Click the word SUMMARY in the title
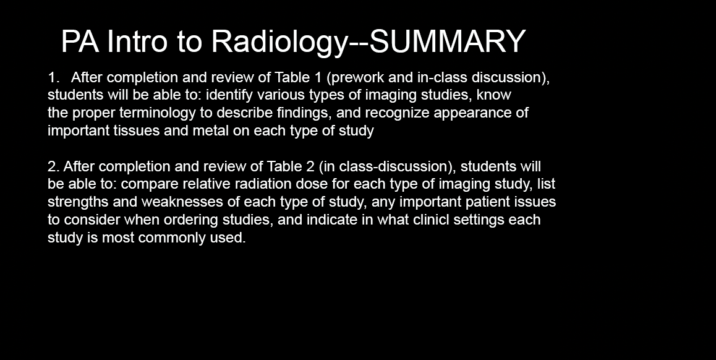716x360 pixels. pyautogui.click(x=447, y=41)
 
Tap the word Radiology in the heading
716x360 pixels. pyautogui.click(x=279, y=43)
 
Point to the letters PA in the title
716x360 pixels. pyautogui.click(x=80, y=41)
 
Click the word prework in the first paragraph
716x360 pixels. pyautogui.click(x=356, y=78)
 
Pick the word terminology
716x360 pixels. pyautogui.click(x=160, y=113)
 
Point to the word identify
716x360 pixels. pyautogui.click(x=229, y=95)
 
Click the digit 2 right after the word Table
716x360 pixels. pyautogui.click(x=310, y=166)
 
